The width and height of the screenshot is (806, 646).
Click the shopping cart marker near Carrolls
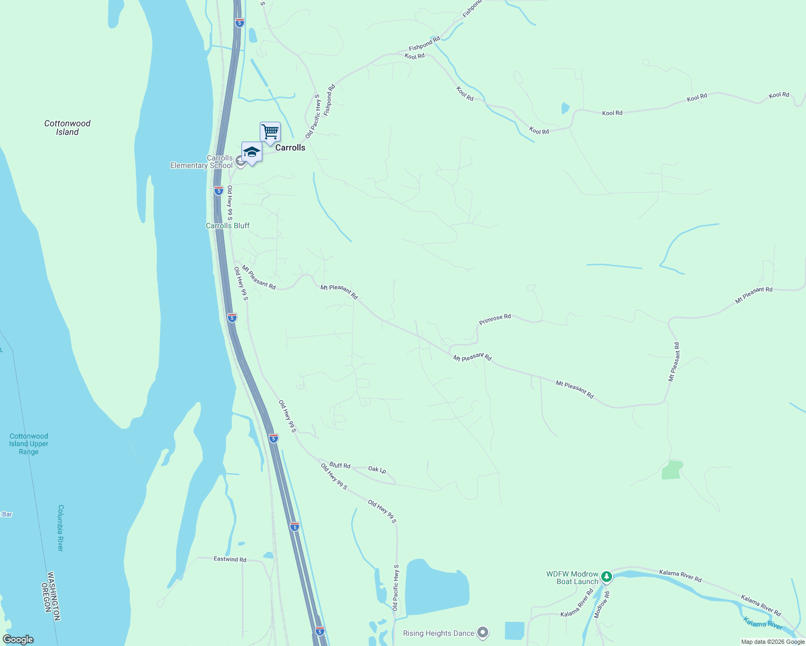270,132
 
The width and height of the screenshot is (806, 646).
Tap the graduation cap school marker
252,152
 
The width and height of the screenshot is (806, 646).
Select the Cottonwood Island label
67,128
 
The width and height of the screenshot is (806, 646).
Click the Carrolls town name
290,148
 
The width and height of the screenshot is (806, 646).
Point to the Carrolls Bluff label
227,226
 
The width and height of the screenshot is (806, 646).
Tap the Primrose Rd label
495,319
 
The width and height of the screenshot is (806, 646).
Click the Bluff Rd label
340,465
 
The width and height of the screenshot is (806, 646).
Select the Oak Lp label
377,470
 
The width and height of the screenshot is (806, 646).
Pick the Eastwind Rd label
230,559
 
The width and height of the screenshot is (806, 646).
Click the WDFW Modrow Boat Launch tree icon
607,577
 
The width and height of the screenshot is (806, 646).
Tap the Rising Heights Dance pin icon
483,633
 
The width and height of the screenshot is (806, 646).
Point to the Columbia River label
60,528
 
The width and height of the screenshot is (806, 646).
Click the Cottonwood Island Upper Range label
29,444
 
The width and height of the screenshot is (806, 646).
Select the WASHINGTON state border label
53,595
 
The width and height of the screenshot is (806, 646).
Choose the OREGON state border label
46,599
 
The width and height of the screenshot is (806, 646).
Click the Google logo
18,640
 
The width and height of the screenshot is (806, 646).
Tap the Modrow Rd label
602,604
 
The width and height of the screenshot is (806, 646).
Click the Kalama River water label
763,623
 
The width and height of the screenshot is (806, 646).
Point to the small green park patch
672,469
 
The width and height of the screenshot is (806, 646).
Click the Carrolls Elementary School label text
202,161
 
